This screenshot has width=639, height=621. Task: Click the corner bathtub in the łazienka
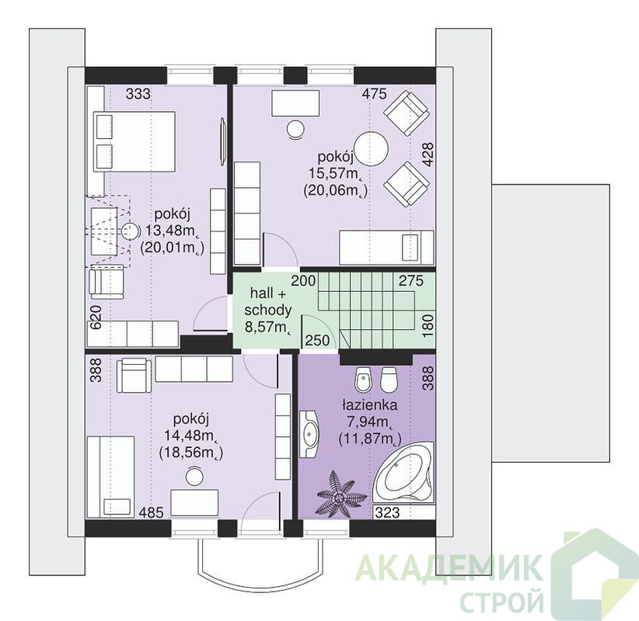[404, 473]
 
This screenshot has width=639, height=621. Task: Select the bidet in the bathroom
[362, 379]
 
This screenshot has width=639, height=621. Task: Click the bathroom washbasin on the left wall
[309, 433]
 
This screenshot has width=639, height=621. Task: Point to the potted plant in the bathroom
[337, 494]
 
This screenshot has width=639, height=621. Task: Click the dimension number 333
[138, 95]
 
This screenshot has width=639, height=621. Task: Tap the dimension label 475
[374, 95]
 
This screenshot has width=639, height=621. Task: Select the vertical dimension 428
[428, 154]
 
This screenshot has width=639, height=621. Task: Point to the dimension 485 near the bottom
[152, 512]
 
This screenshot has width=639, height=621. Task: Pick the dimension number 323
[387, 512]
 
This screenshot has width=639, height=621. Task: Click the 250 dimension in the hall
[317, 340]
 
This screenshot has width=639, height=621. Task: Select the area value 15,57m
[335, 174]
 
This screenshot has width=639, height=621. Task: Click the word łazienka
[369, 405]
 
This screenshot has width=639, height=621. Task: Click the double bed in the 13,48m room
[135, 141]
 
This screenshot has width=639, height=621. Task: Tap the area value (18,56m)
[191, 453]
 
